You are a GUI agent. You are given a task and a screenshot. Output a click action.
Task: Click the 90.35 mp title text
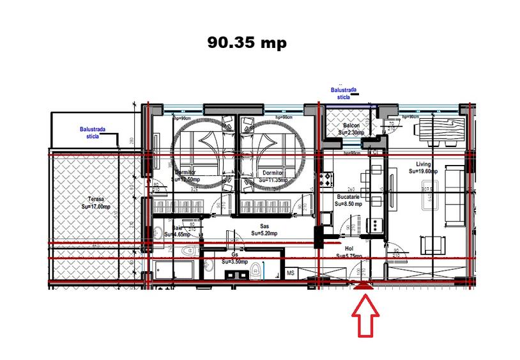pyautogui.click(x=247, y=43)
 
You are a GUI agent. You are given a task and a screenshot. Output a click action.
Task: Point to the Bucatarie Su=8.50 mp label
pyautogui.click(x=351, y=201)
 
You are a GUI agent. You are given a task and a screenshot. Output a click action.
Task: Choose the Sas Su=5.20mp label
pyautogui.click(x=263, y=230)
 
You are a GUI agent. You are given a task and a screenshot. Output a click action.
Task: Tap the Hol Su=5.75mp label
pyautogui.click(x=349, y=252)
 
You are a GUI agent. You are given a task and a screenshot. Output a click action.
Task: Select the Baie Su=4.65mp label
pyautogui.click(x=178, y=231)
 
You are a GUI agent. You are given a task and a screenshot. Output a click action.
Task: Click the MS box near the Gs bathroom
pyautogui.click(x=291, y=273)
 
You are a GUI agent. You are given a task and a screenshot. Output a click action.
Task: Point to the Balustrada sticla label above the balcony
pyautogui.click(x=344, y=93)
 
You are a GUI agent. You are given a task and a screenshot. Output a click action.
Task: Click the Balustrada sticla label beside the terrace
pyautogui.click(x=93, y=132)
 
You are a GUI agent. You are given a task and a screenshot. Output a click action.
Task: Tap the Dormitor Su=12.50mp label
pyautogui.click(x=185, y=176)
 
